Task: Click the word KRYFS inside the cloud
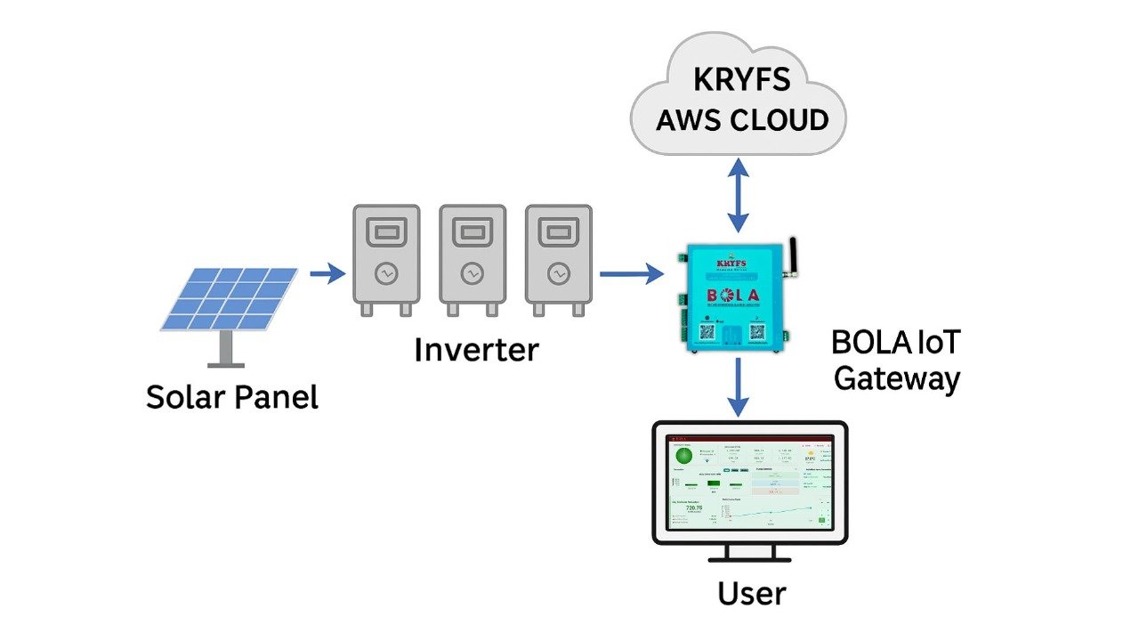[x=741, y=79]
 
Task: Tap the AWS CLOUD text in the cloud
[x=741, y=119]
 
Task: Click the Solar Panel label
[x=231, y=397]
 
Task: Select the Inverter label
[x=476, y=350]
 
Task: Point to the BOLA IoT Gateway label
[x=896, y=361]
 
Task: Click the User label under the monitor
[x=752, y=593]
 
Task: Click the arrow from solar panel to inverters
[x=327, y=273]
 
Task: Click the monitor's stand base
[x=749, y=559]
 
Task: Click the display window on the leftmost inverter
[x=385, y=232]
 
